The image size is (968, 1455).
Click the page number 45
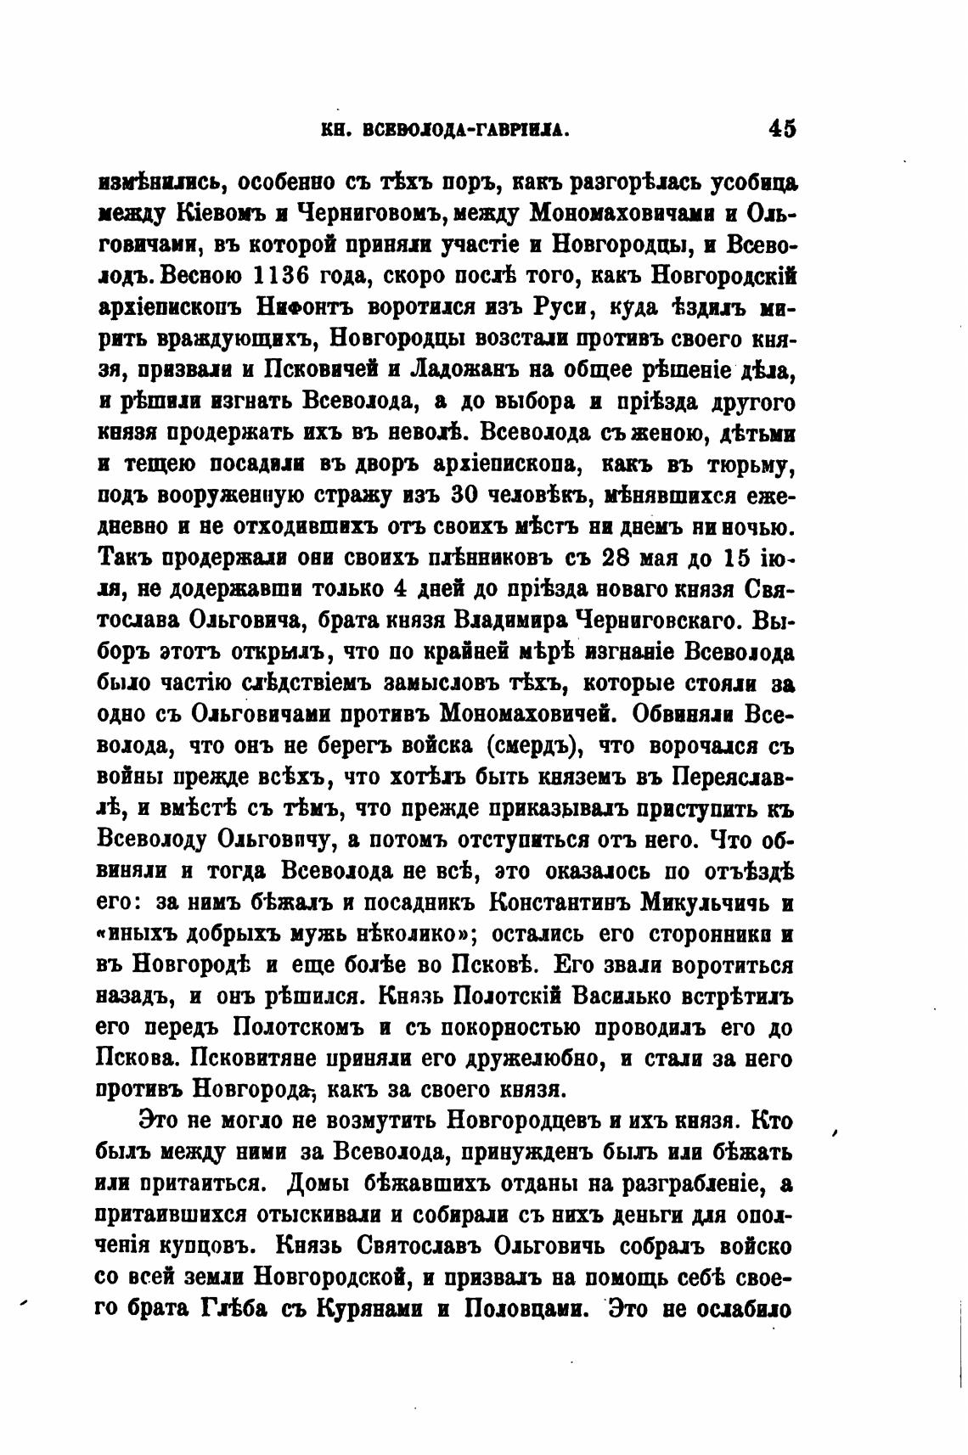pos(781,129)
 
